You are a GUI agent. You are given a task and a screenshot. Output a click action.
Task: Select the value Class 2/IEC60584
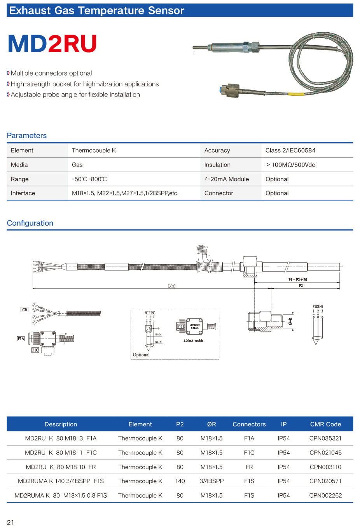[290, 150]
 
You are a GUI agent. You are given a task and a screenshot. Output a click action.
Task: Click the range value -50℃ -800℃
[89, 179]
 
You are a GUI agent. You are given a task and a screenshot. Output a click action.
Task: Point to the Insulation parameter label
[217, 165]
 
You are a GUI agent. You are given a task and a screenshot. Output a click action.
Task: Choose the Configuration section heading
[30, 223]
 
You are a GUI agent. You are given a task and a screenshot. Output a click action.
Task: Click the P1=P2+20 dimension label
[297, 280]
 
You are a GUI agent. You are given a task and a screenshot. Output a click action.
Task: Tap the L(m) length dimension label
[172, 286]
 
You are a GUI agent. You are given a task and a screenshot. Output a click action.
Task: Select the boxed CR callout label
[24, 310]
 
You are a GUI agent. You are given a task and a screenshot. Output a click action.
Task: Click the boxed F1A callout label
[21, 339]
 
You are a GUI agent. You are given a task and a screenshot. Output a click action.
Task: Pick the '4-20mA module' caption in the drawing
[193, 341]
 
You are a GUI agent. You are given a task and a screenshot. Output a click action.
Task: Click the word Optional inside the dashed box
[141, 355]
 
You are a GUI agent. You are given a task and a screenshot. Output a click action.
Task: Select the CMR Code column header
[325, 424]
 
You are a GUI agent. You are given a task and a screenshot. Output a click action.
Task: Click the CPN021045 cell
[325, 453]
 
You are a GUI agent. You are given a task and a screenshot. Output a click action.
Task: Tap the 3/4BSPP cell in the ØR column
[211, 481]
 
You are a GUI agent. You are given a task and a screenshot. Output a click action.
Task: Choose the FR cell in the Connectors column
[249, 467]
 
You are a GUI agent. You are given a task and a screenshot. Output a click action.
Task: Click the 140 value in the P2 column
[180, 481]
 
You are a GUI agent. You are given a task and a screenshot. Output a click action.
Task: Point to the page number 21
[10, 522]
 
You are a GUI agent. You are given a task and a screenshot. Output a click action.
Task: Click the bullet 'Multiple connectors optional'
[51, 73]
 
